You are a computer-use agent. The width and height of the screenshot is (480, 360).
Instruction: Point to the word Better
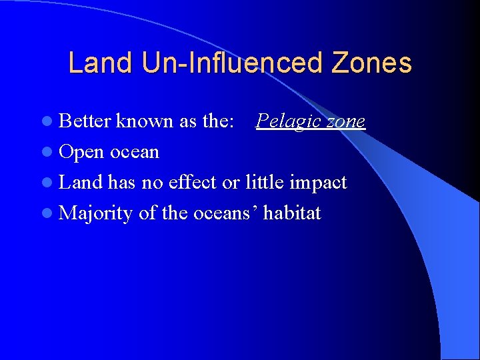pos(85,121)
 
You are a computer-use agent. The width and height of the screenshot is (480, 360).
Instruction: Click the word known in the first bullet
pos(145,121)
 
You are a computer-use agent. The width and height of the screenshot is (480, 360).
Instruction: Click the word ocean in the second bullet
pos(135,152)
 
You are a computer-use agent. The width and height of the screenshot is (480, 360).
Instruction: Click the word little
pos(267,182)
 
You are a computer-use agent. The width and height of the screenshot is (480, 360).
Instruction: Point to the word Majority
pos(96,214)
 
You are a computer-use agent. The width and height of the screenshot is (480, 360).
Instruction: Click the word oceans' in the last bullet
pos(225,213)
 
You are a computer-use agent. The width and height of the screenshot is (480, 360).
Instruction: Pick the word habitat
pos(292,213)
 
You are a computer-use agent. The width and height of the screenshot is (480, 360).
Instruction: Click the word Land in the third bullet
pos(80,182)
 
